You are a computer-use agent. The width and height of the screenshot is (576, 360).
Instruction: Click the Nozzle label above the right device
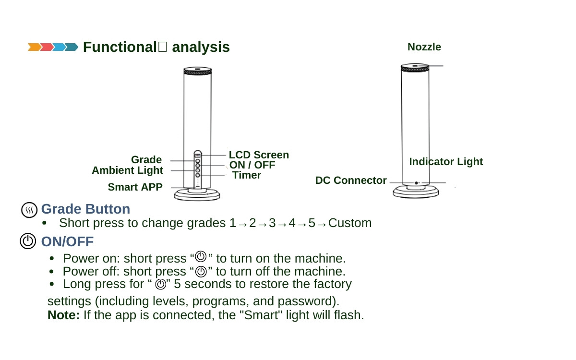point(424,47)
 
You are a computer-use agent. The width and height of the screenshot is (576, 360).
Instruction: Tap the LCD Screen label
point(259,155)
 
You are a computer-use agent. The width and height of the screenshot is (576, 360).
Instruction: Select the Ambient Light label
point(127,170)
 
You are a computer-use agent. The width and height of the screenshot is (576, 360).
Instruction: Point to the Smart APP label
point(135,187)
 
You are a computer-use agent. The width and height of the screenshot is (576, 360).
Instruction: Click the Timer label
point(247,175)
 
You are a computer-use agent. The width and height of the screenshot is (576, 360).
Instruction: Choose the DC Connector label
point(350,180)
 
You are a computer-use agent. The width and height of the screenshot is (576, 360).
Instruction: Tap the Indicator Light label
point(445,162)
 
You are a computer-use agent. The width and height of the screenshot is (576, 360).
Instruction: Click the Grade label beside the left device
point(146,159)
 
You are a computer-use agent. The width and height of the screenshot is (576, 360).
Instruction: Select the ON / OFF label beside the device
point(252,165)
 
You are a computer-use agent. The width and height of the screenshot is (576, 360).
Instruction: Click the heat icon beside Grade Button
point(29,210)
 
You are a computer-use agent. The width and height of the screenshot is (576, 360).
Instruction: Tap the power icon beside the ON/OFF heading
point(28,241)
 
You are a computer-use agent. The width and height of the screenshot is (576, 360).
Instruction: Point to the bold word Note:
point(63,316)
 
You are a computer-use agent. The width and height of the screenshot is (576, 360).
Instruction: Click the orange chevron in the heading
point(34,47)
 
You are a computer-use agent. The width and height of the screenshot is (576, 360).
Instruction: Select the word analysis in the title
point(201,48)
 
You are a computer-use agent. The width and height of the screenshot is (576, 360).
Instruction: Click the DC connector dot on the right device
point(416,183)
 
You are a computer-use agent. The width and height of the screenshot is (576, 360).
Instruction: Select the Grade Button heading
point(85,209)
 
